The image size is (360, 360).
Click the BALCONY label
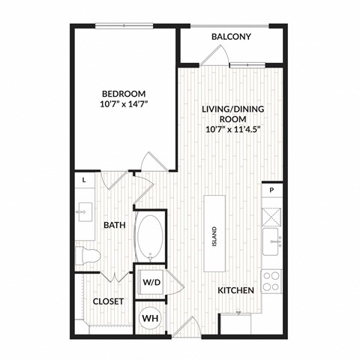[230, 36]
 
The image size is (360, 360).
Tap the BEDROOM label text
[124, 94]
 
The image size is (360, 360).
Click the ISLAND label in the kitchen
[214, 235]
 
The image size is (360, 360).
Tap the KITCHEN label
[235, 290]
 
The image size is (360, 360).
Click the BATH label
[114, 224]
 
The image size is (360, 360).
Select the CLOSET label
[107, 301]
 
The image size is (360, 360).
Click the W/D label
[151, 282]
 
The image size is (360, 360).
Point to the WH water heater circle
[150, 317]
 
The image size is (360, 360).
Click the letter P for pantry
[272, 190]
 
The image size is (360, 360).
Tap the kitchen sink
[272, 241]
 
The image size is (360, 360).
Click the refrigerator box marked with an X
[272, 216]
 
